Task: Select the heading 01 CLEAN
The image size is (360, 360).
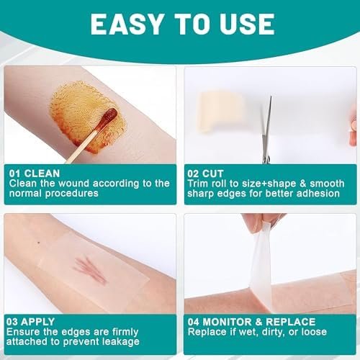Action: [x=35, y=174]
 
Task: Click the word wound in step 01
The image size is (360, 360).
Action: [x=74, y=184]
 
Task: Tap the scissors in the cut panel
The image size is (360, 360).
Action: [x=267, y=131]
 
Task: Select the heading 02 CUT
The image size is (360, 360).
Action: [x=205, y=174]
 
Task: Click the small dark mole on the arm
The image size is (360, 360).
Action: [x=39, y=243]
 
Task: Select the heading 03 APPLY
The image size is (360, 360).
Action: [x=30, y=322]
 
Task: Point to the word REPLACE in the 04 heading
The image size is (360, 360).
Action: [x=291, y=322]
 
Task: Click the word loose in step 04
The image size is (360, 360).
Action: [x=314, y=332]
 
